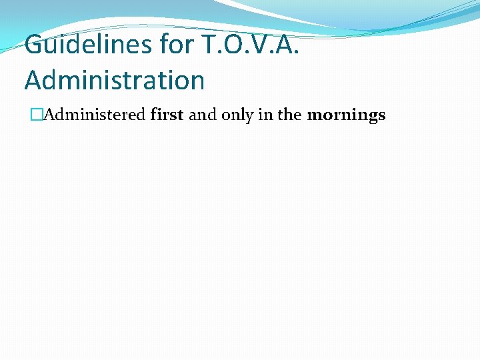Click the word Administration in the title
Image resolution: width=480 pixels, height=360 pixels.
pyautogui.click(x=115, y=80)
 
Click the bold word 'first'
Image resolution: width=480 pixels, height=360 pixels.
pyautogui.click(x=167, y=115)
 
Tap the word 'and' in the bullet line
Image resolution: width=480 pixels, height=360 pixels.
pyautogui.click(x=203, y=115)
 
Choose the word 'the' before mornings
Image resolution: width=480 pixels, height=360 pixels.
pyautogui.click(x=289, y=115)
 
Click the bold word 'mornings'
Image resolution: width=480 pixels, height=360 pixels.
pyautogui.click(x=346, y=115)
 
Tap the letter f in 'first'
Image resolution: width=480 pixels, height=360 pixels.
pyautogui.click(x=155, y=114)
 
